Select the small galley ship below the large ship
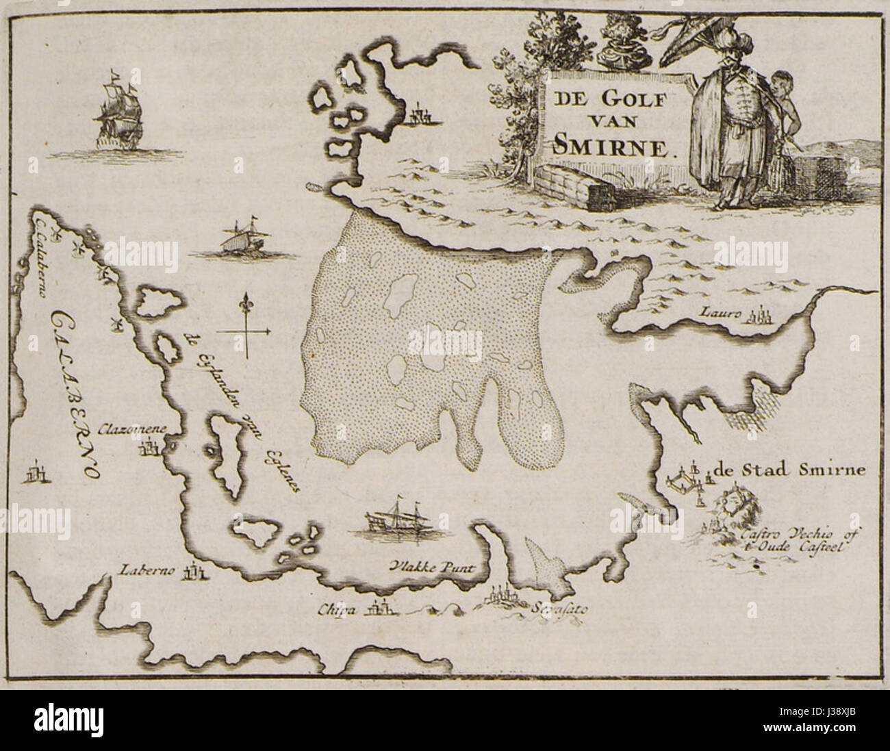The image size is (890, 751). click(240, 239)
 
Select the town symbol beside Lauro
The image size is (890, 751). click(760, 316)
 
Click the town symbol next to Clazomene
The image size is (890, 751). click(150, 450)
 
